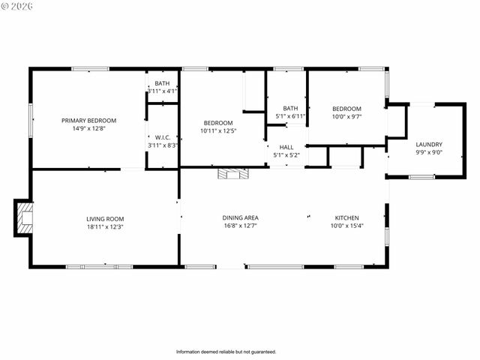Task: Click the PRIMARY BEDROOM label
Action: [x=88, y=119]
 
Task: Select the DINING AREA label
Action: [x=240, y=217]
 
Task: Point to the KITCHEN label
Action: [x=346, y=217]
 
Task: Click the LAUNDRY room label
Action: [x=428, y=145]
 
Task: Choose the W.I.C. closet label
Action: [x=162, y=136]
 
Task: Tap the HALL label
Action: [x=286, y=147]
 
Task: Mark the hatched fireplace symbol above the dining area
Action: [x=232, y=174]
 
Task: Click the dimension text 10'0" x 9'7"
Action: [x=346, y=117]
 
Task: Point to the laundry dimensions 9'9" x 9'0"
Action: [x=428, y=153]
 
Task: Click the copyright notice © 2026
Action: [x=17, y=7]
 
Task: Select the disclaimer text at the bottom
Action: [x=226, y=352]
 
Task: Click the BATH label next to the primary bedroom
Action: [x=162, y=83]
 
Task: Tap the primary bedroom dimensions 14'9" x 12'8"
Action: [x=88, y=127]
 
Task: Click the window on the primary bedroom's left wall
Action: [x=31, y=120]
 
